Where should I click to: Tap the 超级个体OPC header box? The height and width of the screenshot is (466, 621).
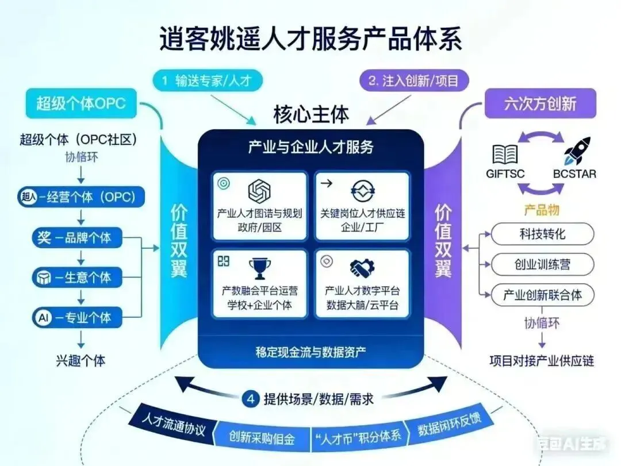[x=80, y=104]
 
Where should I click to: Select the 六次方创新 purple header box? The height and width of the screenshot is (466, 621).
[x=540, y=104]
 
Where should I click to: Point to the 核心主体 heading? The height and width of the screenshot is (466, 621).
[x=310, y=114]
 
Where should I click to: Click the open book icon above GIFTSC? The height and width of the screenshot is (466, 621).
[x=505, y=154]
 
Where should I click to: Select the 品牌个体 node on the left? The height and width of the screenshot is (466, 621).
[x=80, y=237]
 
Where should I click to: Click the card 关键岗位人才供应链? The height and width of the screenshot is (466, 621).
[x=362, y=205]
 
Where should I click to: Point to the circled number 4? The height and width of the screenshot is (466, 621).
[x=250, y=399]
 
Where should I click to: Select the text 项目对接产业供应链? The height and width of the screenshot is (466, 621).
[x=541, y=361]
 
